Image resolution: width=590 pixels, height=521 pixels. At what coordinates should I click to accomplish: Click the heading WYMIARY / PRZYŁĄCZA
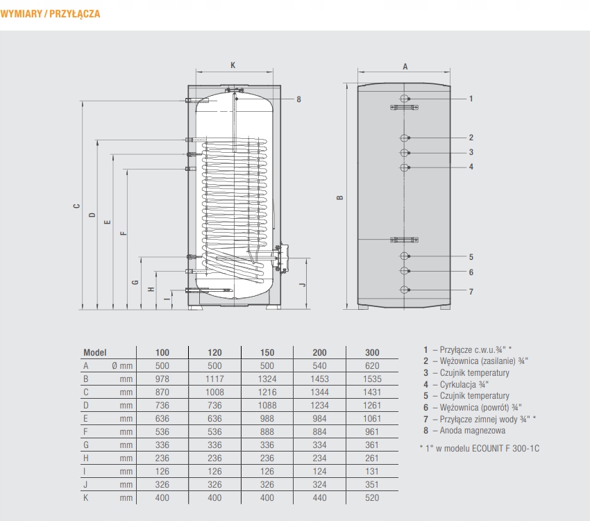(51, 14)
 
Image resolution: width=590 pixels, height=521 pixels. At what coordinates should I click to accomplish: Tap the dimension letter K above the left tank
(233, 65)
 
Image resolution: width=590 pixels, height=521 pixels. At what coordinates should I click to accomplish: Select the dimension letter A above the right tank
(405, 66)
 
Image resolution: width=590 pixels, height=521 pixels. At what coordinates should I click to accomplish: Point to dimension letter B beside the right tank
(340, 198)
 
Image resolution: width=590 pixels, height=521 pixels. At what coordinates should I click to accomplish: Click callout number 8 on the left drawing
(298, 99)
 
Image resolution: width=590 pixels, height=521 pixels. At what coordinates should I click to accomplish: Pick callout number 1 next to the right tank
(471, 99)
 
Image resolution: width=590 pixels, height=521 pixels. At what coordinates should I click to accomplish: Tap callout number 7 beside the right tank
(471, 291)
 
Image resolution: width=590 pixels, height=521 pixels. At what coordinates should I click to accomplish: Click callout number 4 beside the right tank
(471, 167)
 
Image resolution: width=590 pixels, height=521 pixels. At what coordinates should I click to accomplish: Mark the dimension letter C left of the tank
(76, 206)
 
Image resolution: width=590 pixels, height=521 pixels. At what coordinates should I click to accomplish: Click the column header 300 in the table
(372, 352)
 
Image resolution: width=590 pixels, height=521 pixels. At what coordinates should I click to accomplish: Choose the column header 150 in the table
(267, 352)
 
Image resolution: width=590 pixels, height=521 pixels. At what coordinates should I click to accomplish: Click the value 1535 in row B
(372, 379)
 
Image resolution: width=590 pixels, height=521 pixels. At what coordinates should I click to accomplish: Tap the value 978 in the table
(162, 379)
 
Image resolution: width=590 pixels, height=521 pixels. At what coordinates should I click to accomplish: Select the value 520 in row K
(372, 497)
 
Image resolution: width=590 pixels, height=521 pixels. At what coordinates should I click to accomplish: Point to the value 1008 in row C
(215, 392)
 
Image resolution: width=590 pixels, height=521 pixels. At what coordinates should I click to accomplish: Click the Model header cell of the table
(94, 352)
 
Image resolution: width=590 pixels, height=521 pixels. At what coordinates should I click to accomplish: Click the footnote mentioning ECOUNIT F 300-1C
(480, 448)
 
